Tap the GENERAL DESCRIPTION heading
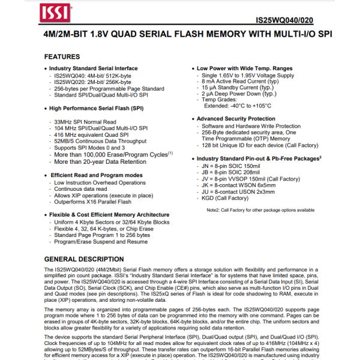(85, 259)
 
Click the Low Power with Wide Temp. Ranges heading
(246, 70)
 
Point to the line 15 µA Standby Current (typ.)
(239, 88)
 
